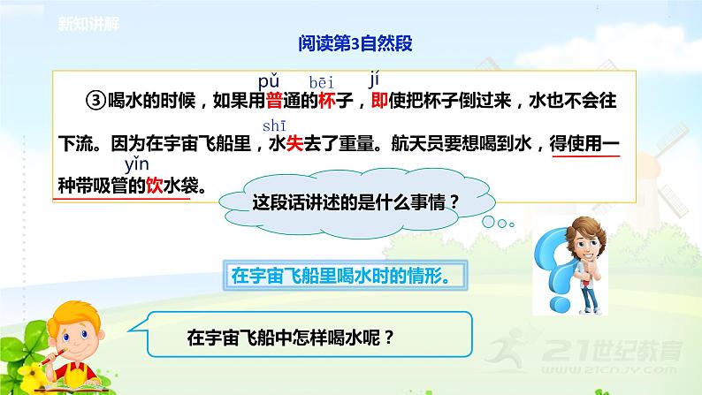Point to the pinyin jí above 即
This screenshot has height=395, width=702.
374,81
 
